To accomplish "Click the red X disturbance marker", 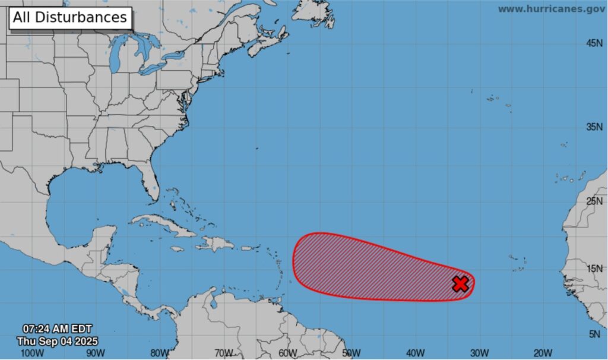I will click(460, 284).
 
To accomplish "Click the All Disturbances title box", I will click(69, 18).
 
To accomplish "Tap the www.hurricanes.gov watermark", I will click(551, 9).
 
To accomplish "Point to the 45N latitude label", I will click(594, 43).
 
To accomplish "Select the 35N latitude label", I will click(594, 127).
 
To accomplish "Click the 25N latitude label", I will click(594, 201).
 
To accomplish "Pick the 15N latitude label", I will click(594, 269).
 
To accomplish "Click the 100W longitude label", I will click(31, 353).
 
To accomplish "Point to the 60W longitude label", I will click(287, 353).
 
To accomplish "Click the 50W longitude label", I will click(351, 353).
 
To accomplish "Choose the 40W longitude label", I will click(415, 353).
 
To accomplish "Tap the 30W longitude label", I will click(479, 353).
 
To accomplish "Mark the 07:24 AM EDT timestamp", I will click(57, 329).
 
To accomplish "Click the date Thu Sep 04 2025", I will click(57, 341).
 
